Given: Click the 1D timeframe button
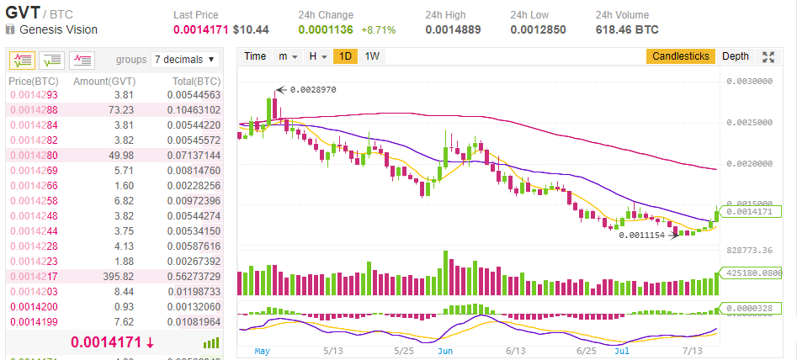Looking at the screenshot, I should point(344,56).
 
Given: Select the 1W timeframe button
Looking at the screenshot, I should point(372,56).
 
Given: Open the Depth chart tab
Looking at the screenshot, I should point(735,56).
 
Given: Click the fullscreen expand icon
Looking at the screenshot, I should point(768,56).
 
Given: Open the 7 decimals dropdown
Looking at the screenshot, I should point(185,60).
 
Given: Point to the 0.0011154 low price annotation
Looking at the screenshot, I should point(641,235).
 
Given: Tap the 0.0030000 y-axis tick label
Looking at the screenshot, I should point(749,82).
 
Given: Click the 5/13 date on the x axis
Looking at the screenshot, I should point(332,350).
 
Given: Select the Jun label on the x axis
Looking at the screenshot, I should point(446,350).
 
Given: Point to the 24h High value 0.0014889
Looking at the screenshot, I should point(454,29).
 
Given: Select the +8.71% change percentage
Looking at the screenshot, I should point(379,29).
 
